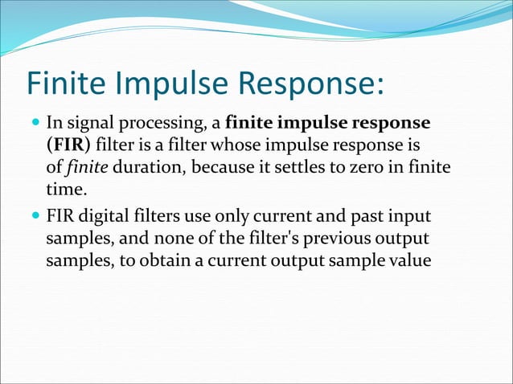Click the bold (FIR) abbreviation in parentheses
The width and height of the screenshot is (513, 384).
coord(67,146)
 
